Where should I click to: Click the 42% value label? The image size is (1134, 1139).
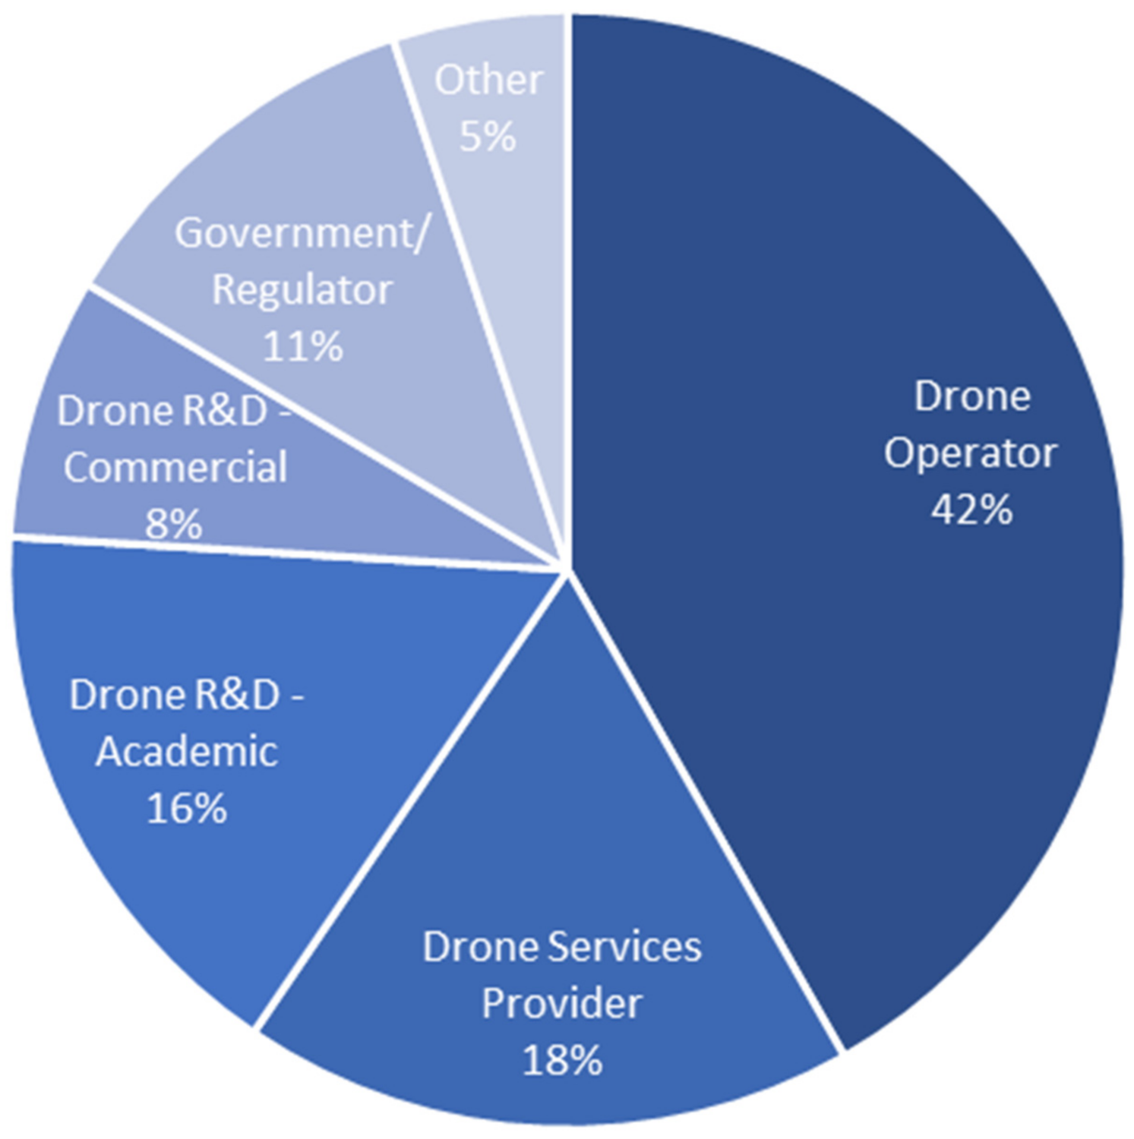point(971,510)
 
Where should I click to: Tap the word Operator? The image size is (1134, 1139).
point(970,453)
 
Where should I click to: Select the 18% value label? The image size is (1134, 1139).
point(562,1060)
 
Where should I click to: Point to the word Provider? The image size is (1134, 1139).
point(562,1003)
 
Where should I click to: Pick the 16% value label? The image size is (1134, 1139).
point(186,808)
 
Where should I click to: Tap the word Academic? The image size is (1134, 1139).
point(187,752)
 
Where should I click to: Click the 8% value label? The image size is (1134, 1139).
point(174,524)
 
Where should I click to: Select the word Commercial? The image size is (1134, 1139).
point(175,467)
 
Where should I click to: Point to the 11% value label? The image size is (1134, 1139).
point(302,347)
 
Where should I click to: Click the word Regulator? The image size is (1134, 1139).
point(302,290)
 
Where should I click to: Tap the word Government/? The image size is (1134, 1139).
point(302,232)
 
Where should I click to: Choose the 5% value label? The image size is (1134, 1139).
point(488,137)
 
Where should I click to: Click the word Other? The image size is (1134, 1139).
point(488,80)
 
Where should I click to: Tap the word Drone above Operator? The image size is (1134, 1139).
point(971,396)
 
